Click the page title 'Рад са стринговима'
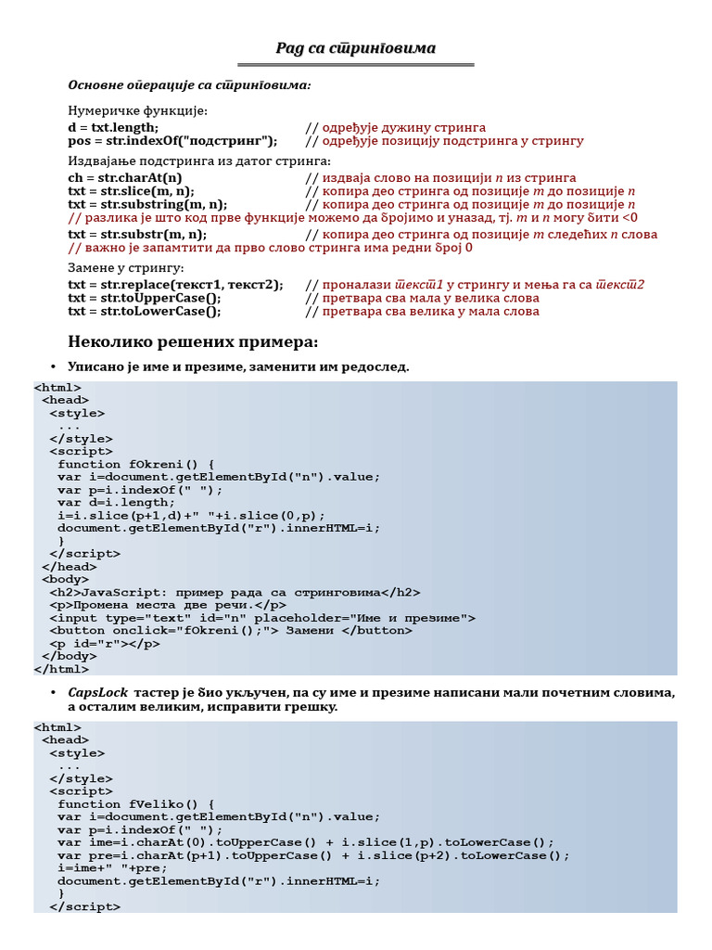[x=356, y=48]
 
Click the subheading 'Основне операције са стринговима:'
[x=189, y=85]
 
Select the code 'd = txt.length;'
[x=113, y=127]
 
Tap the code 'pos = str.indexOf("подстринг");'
[x=172, y=141]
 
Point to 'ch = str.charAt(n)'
[x=125, y=177]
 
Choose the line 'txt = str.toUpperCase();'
[x=145, y=298]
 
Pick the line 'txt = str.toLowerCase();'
[x=145, y=312]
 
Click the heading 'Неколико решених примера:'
[x=193, y=342]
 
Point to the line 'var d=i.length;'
[x=116, y=503]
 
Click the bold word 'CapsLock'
[x=97, y=693]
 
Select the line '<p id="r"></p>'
[x=105, y=643]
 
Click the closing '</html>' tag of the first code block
[x=61, y=669]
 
